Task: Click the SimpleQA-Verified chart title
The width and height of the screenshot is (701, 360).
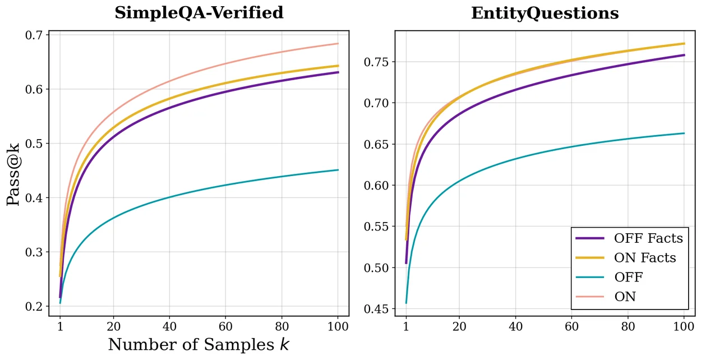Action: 199,13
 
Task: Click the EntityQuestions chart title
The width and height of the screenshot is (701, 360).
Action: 545,13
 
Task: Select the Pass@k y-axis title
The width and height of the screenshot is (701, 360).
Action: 13,174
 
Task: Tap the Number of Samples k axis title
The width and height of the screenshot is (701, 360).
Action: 199,345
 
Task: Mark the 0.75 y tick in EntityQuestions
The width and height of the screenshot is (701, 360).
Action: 376,62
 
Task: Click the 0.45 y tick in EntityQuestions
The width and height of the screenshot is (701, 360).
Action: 376,309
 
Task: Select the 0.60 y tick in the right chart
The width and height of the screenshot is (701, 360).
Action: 376,185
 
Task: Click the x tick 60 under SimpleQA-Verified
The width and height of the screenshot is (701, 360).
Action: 225,327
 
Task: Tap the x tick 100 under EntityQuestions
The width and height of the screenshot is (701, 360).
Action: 684,327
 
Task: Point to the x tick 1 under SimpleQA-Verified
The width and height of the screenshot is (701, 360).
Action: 60,327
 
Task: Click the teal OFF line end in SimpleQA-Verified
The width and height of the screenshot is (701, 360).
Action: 338,170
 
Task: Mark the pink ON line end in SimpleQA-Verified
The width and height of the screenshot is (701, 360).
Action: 338,44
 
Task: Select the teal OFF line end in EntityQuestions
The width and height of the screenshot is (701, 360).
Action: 684,133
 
